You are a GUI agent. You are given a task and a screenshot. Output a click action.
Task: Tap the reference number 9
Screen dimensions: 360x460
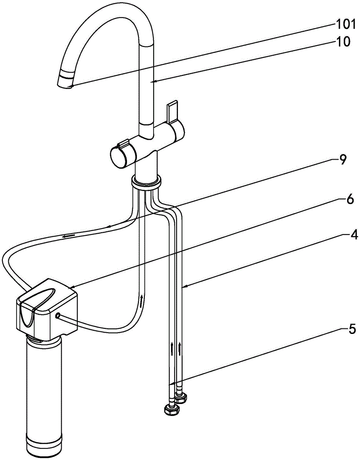point(343,160)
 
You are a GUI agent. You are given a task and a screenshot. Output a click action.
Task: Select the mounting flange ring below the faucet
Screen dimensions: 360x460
point(146,182)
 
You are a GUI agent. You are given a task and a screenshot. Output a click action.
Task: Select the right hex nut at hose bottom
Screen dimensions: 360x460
point(181,398)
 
